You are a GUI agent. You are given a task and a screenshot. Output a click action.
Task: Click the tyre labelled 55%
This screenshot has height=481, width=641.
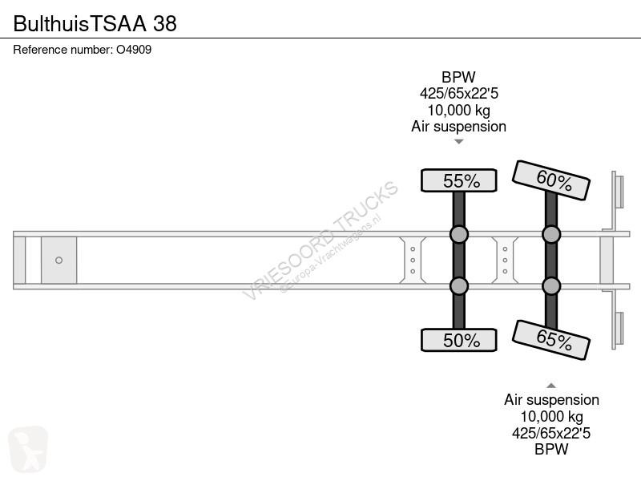coord(459,181)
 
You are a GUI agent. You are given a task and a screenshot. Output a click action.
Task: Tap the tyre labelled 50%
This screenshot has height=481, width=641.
coord(459,340)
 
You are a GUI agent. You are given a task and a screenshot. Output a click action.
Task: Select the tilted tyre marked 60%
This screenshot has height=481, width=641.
coord(551,180)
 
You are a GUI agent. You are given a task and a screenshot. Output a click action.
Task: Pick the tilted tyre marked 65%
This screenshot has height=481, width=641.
coord(551,340)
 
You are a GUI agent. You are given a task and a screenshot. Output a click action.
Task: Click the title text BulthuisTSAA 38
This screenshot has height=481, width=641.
coord(95,23)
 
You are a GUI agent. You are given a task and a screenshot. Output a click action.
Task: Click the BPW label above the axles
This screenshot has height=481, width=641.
coord(458,78)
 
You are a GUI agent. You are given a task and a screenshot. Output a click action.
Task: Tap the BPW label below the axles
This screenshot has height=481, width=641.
coord(551,449)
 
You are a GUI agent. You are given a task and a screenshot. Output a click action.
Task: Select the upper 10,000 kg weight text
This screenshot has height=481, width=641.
coord(458,110)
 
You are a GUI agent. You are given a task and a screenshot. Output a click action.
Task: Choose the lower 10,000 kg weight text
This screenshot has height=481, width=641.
coord(551,416)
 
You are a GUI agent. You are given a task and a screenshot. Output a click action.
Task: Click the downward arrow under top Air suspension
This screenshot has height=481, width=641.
coord(459,142)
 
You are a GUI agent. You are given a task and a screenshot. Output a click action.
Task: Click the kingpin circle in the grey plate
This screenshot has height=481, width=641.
coord(58,260)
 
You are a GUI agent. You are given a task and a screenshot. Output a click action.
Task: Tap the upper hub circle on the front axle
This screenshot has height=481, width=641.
coord(459,234)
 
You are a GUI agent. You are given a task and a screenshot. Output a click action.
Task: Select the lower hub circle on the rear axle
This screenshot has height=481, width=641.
coord(551,285)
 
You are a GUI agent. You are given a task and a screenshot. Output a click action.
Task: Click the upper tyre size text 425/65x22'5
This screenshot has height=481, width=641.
coord(458,94)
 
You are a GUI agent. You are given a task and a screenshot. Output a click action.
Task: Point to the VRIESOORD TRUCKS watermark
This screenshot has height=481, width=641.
coord(320,240)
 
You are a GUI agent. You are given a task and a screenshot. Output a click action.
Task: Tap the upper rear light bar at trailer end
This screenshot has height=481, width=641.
coord(618,192)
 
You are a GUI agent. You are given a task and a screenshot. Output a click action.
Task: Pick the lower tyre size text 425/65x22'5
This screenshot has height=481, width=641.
coord(551,433)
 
